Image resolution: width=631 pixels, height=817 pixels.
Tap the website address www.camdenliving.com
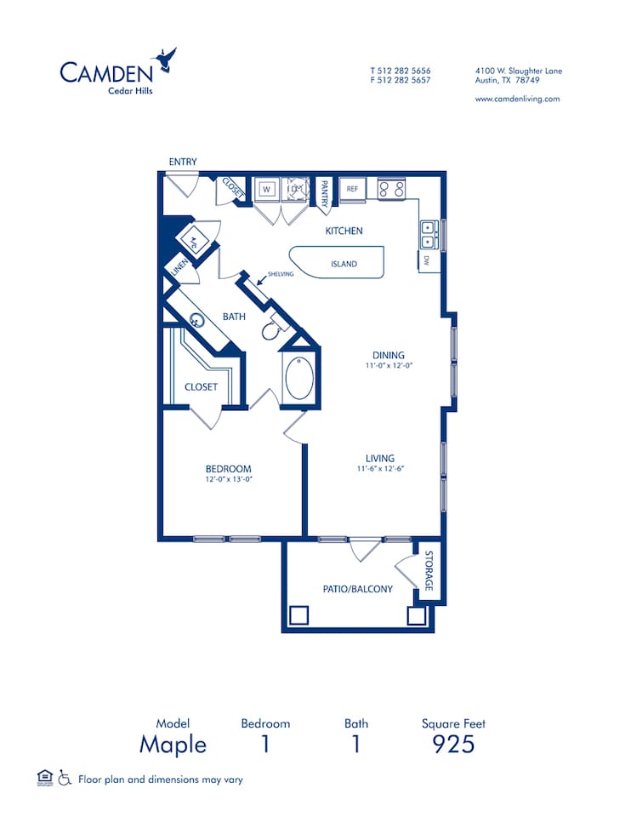[x=517, y=99]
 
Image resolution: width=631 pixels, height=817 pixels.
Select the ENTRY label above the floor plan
[x=183, y=162]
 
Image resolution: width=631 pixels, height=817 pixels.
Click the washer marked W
[x=266, y=189]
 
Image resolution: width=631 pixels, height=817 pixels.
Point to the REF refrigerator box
[x=352, y=189]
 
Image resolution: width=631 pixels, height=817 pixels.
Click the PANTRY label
[x=324, y=192]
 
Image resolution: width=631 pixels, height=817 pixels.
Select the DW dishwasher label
[x=425, y=260]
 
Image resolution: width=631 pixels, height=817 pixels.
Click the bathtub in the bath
[x=299, y=379]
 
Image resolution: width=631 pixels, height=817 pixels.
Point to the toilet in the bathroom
[x=272, y=329]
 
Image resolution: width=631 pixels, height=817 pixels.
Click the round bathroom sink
[x=197, y=322]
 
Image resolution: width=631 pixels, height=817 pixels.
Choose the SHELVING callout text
[x=281, y=274]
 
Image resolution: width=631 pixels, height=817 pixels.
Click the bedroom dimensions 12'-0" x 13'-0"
[x=229, y=479]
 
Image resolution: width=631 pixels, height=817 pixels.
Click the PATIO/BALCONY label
[x=357, y=589]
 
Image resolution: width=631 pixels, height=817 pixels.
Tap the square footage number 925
[x=453, y=744]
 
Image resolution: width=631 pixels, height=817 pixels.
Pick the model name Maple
[x=173, y=744]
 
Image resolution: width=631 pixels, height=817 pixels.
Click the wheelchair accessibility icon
[x=65, y=778]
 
